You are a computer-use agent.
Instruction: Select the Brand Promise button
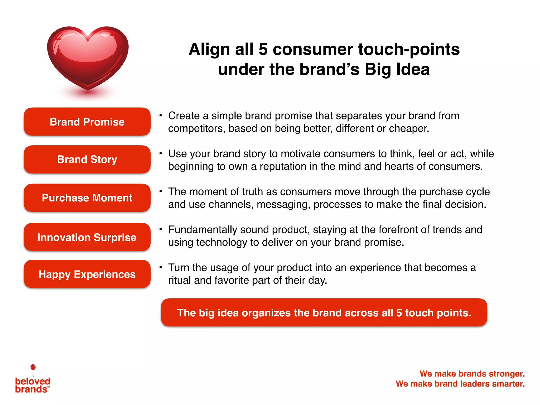[87, 122]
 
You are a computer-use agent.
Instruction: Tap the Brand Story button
[87, 160]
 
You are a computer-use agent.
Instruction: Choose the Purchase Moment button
[87, 198]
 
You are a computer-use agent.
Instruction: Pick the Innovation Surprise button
[87, 237]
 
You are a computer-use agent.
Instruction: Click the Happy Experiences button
[87, 274]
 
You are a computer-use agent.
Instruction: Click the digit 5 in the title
[263, 49]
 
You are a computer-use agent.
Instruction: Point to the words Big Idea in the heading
[397, 69]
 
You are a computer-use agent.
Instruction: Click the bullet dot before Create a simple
[160, 115]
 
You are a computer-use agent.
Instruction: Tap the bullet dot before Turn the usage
[160, 267]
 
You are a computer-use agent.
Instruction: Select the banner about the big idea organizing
[324, 313]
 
